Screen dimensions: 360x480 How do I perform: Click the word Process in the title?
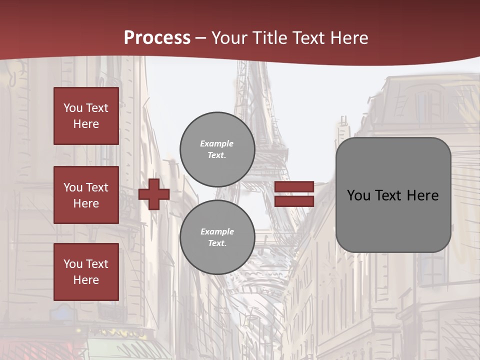point(157,38)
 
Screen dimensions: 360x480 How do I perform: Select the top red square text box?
point(86,116)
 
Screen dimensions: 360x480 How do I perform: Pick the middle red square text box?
point(86,195)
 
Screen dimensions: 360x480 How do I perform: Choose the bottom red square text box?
point(86,272)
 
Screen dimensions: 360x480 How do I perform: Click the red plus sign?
point(154,194)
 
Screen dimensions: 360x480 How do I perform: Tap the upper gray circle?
point(217,149)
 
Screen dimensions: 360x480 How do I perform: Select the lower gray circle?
point(217,237)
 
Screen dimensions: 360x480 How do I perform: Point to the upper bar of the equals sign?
point(294,187)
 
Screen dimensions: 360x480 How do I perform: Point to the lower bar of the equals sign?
point(294,201)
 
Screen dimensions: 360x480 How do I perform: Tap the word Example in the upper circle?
point(216,143)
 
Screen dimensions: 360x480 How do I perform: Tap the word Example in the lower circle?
point(216,231)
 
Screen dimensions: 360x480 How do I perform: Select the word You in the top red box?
point(73,108)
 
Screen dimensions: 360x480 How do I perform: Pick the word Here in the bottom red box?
point(86,280)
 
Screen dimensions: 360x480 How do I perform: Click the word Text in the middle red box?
point(97,187)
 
